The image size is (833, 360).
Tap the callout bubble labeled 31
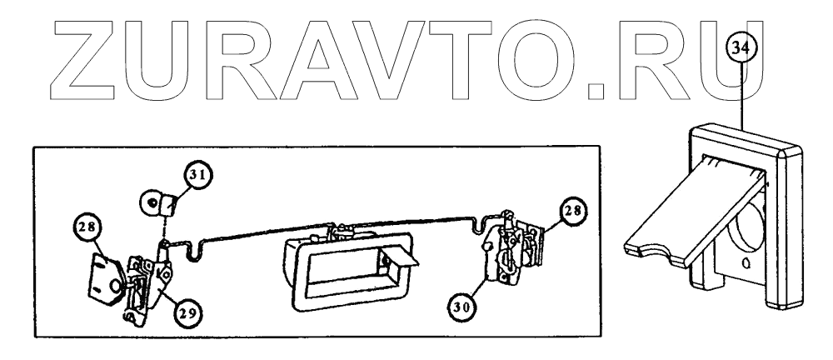197,177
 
